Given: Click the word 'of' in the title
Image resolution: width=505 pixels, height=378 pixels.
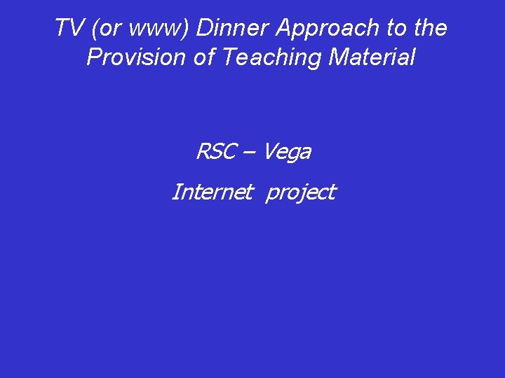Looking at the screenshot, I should click(203, 57).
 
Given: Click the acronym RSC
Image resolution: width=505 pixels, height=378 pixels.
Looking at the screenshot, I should click(216, 151).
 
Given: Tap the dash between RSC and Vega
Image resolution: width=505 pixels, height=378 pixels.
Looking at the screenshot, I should click(250, 152).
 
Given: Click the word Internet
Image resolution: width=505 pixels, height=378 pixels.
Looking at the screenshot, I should click(211, 192).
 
